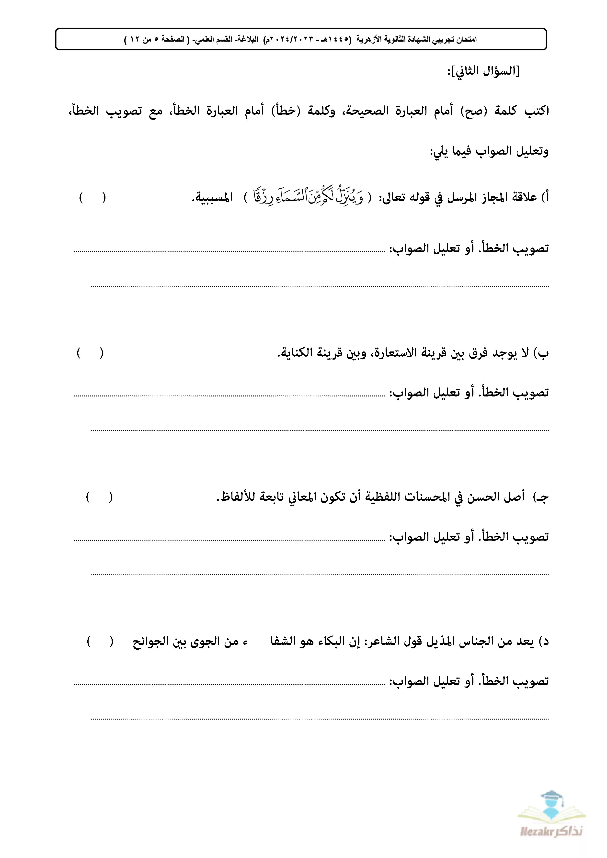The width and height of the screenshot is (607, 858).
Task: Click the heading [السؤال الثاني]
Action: point(483,71)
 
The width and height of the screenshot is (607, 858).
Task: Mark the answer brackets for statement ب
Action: point(90,353)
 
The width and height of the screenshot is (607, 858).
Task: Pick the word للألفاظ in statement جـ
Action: point(236,497)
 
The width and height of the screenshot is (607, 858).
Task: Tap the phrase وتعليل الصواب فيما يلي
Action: point(489,151)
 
